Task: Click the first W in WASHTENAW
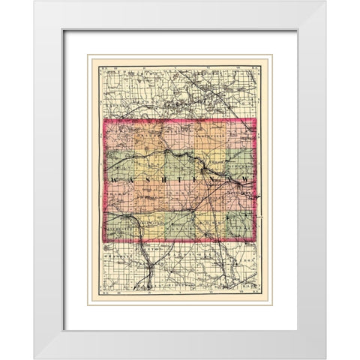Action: [113, 181]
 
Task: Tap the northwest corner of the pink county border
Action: [102, 118]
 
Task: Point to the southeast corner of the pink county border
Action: [256, 241]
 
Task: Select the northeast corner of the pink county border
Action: [256, 118]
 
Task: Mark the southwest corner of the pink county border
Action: [102, 241]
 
